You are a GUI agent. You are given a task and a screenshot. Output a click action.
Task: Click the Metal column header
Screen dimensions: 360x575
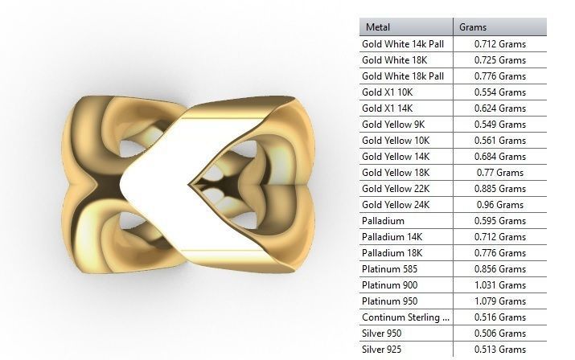378,27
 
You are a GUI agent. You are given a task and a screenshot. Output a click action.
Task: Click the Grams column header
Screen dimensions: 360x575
472,27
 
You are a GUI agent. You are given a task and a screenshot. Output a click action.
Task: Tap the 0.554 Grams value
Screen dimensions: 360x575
499,92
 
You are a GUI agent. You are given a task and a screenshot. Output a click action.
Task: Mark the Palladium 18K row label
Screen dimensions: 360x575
392,253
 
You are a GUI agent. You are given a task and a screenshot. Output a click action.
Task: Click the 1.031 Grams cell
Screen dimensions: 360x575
499,285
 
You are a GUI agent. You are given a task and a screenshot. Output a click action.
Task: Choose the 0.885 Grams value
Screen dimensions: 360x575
499,189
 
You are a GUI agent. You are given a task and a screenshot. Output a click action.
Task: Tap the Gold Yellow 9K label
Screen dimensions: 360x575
395,125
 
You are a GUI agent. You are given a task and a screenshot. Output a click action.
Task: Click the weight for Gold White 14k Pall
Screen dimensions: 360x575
499,44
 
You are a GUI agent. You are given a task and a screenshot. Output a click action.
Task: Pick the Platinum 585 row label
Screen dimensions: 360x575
390,269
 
